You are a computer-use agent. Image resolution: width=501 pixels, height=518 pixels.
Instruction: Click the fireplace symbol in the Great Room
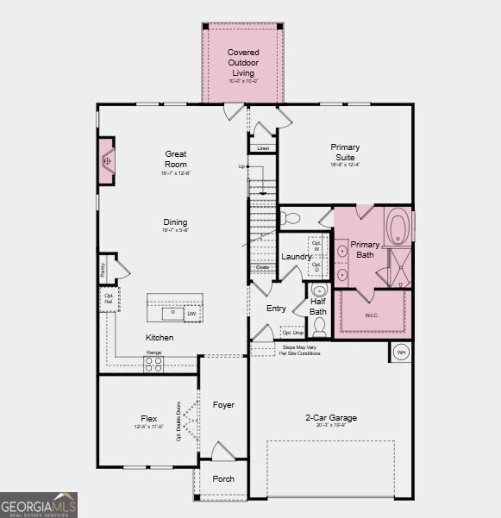tap(107, 160)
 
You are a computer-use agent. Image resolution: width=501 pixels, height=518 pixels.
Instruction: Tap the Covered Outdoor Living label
tap(242, 63)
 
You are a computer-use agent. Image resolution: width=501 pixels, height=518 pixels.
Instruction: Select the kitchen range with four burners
tap(153, 365)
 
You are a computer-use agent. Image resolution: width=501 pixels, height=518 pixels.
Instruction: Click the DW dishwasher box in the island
tap(191, 314)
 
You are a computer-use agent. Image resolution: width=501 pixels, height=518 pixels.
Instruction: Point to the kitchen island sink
tap(172, 312)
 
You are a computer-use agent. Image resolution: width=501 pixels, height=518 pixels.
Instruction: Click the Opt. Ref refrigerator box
tap(109, 298)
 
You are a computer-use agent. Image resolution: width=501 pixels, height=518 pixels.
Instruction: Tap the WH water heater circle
tap(402, 353)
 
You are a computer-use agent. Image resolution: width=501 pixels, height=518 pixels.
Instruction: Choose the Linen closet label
tap(263, 148)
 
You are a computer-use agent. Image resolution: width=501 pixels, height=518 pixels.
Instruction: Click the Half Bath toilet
tap(319, 326)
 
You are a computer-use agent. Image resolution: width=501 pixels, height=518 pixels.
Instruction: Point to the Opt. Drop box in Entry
tap(292, 332)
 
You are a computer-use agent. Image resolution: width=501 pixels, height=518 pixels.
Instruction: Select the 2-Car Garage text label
tap(330, 418)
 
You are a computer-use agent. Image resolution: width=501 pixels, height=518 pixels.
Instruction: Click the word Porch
tap(223, 479)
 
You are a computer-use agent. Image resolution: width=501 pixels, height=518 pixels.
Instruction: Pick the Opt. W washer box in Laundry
tap(316, 243)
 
